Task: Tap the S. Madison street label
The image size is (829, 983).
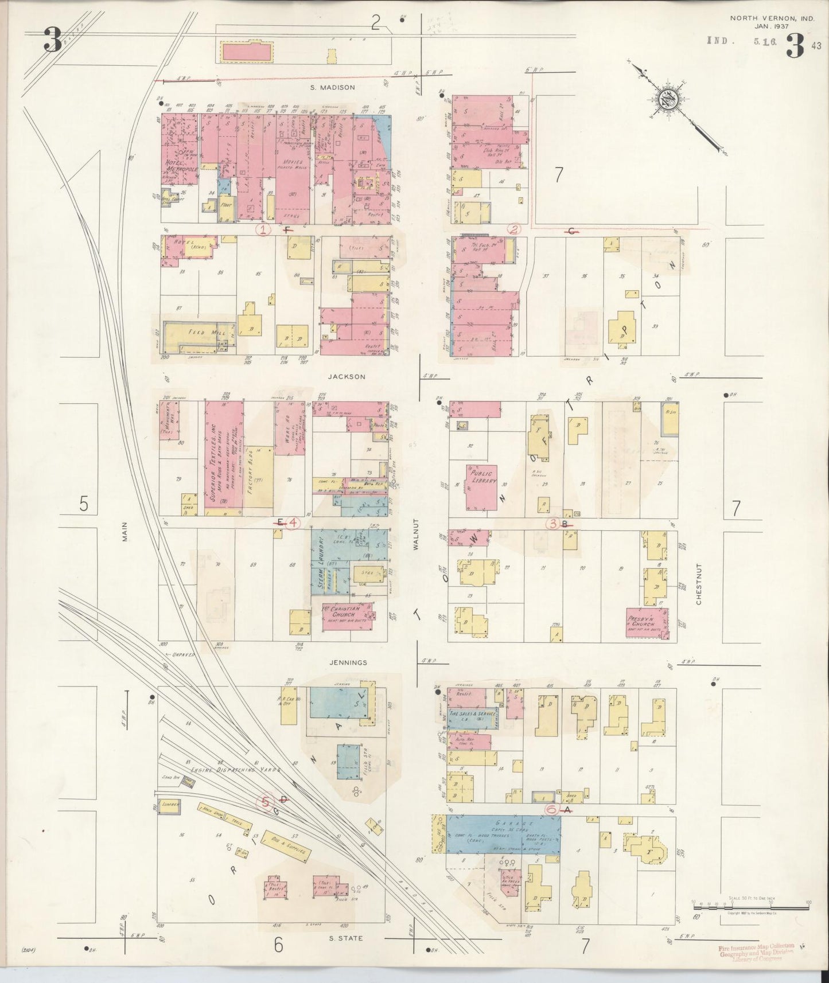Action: pos(333,87)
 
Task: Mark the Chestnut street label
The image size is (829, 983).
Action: pos(698,583)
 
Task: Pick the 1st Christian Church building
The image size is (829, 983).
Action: pos(341,612)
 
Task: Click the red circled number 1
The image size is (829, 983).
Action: pos(263,230)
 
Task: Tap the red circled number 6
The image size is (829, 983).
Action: pos(551,809)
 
